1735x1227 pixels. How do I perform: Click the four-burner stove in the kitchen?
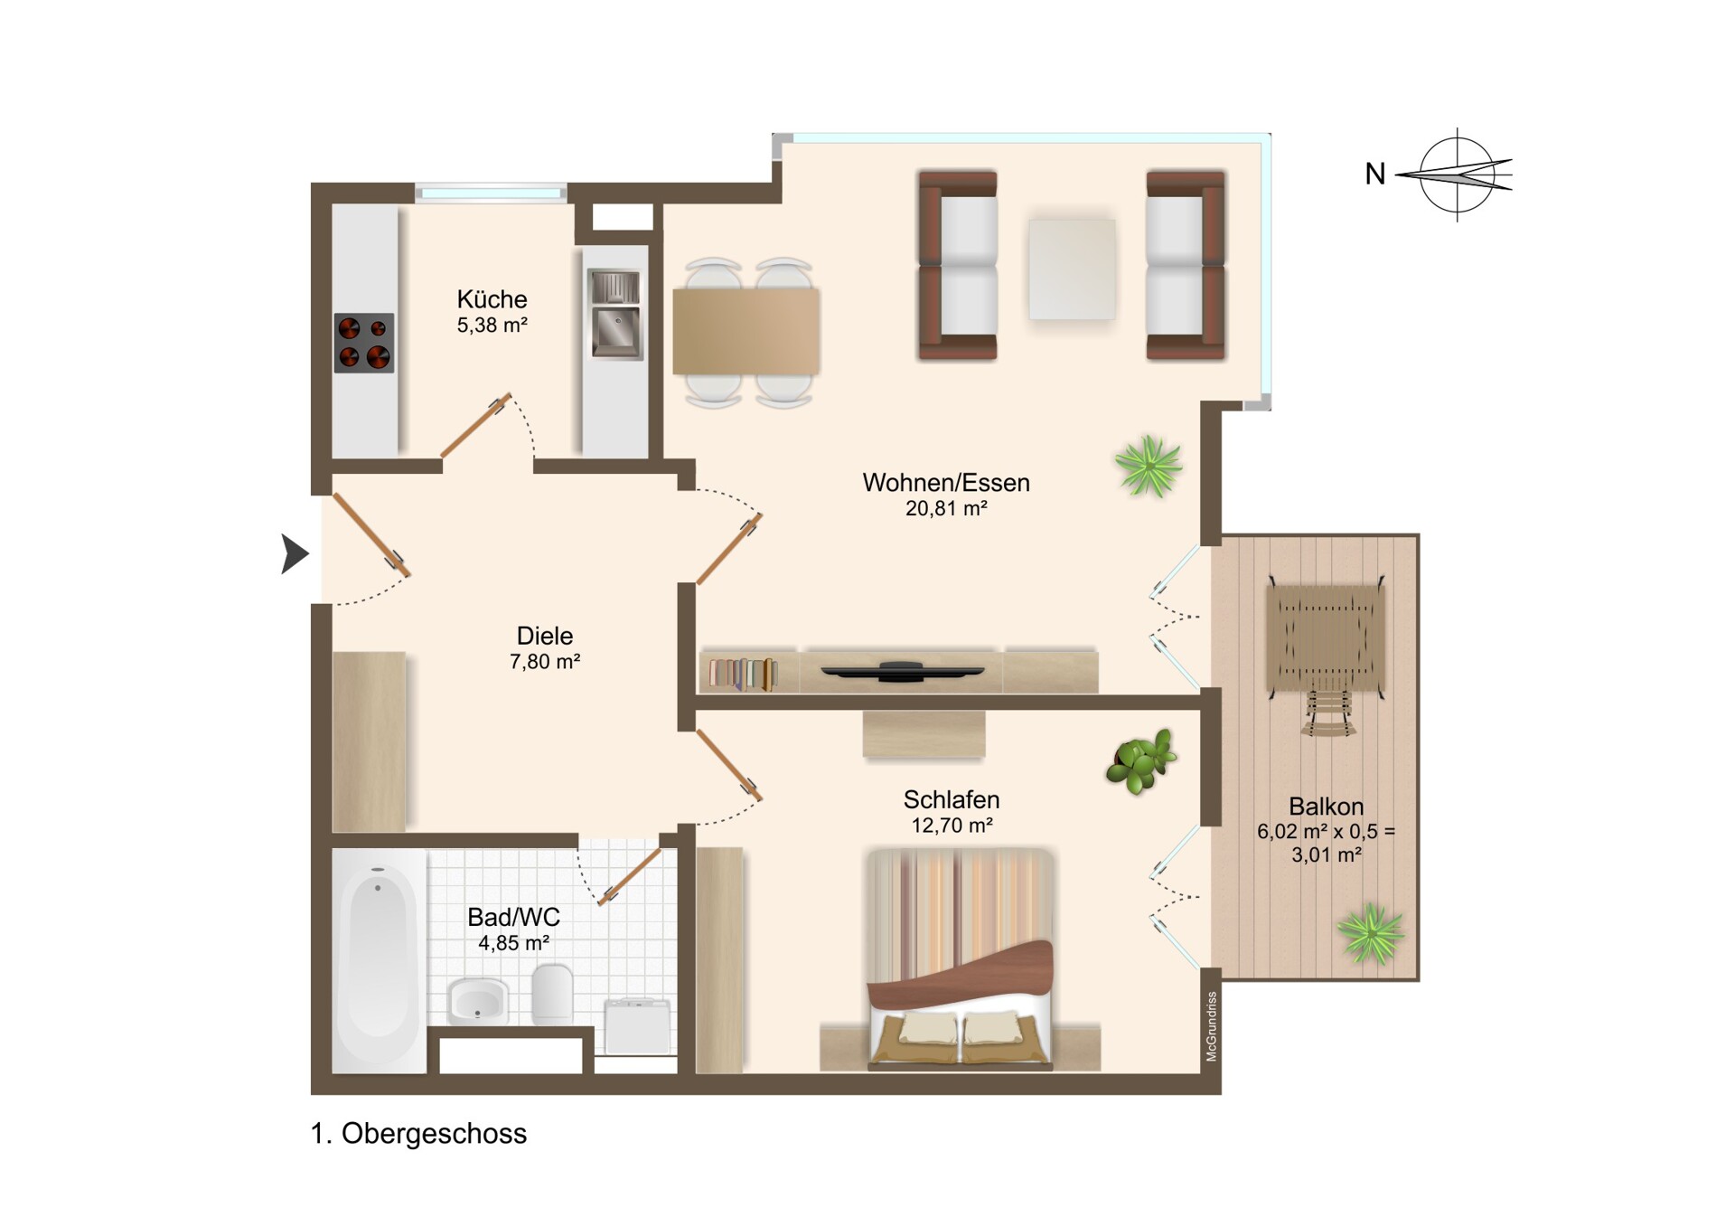[364, 343]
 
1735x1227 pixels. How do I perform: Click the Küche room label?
[492, 299]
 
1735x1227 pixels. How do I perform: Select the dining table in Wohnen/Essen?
[746, 332]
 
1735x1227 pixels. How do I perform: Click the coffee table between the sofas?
[1072, 269]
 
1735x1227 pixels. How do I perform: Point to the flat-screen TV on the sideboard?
[902, 671]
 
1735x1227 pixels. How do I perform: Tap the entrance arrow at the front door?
[295, 553]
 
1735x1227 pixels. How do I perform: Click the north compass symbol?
[1457, 175]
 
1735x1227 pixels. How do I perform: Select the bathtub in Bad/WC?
[379, 960]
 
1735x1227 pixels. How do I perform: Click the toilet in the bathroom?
[552, 994]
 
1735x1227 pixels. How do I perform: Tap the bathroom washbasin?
[478, 1001]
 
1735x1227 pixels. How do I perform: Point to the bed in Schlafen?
[961, 958]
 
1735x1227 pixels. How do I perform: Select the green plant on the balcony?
[1371, 933]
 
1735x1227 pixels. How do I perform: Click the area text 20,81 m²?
[946, 508]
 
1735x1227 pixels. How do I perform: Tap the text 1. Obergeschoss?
[418, 1134]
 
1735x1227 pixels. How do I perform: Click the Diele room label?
[545, 636]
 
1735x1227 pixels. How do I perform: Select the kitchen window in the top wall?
[492, 193]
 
